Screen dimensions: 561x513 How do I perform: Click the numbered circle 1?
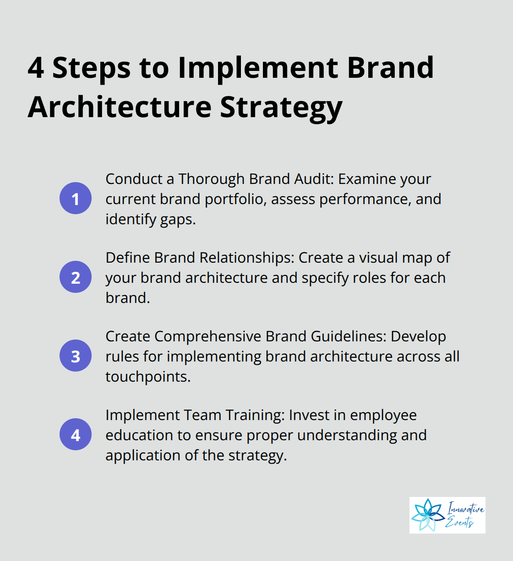point(76,198)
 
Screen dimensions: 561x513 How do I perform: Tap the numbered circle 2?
point(76,277)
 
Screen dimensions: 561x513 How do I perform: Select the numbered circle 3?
point(76,356)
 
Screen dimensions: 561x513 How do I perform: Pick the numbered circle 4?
point(76,434)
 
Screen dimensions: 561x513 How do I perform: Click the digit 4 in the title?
point(36,68)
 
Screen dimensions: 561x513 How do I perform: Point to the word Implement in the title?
point(257,68)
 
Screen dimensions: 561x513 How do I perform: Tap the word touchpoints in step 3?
point(147,377)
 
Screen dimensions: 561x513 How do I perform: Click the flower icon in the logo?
point(428,515)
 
